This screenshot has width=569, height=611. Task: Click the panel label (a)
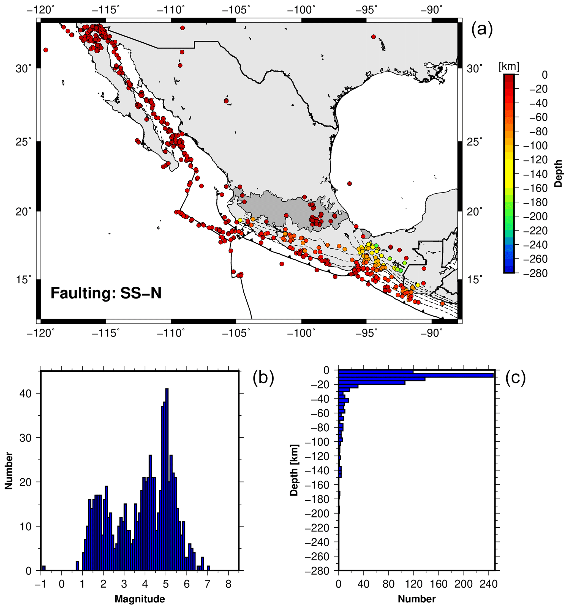pyautogui.click(x=482, y=30)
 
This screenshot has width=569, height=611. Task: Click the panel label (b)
pyautogui.click(x=263, y=378)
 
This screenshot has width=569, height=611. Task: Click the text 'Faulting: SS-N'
pyautogui.click(x=106, y=293)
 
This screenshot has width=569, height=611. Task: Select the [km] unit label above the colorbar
pyautogui.click(x=509, y=67)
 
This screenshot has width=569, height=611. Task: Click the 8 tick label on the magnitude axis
pyautogui.click(x=228, y=584)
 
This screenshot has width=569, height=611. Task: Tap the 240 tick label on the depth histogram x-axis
pyautogui.click(x=488, y=584)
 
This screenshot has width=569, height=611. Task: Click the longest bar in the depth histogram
pyautogui.click(x=415, y=375)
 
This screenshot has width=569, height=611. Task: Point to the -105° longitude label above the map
pyautogui.click(x=236, y=10)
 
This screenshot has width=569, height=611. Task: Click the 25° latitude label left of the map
pyautogui.click(x=24, y=142)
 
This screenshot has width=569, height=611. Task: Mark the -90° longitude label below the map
pyautogui.click(x=432, y=333)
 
